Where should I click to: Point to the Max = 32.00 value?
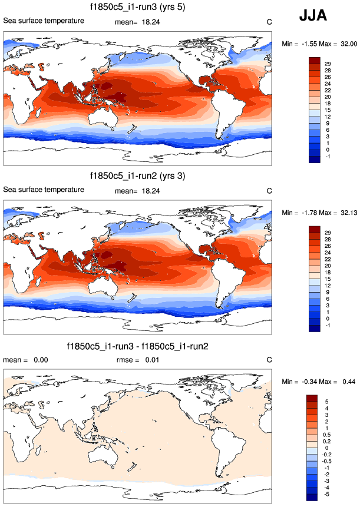pyautogui.click(x=338, y=43)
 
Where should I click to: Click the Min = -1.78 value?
pyautogui.click(x=295, y=212)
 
